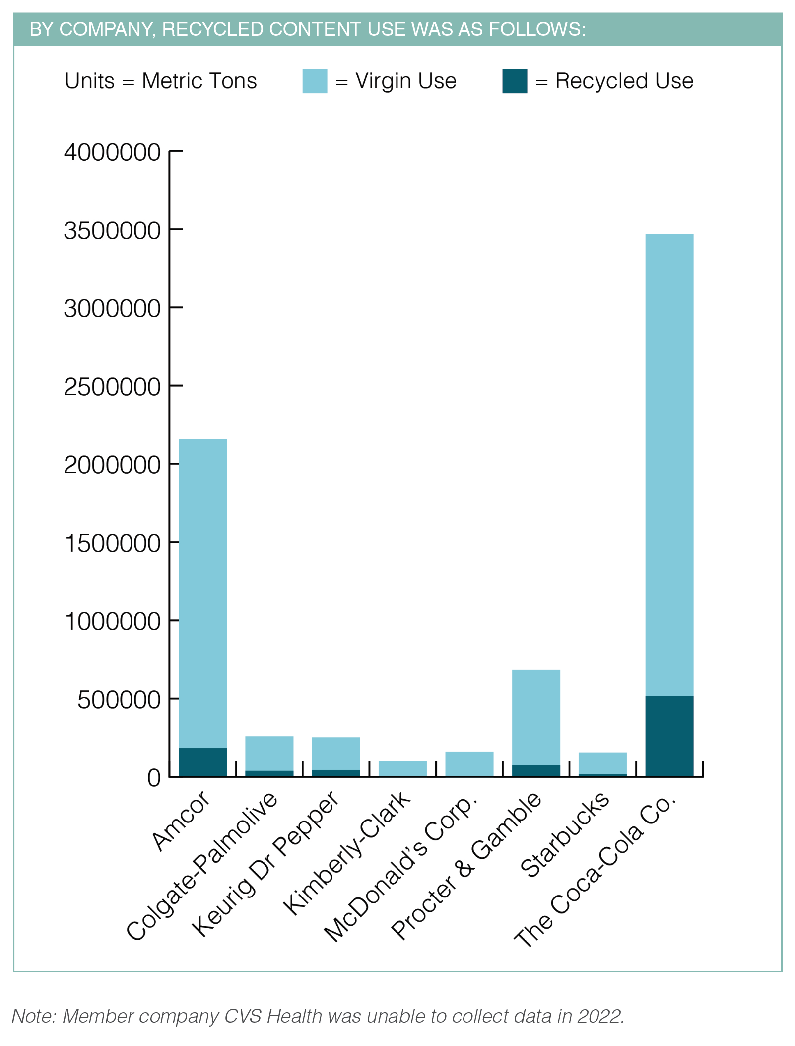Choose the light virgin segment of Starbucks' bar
point(602,763)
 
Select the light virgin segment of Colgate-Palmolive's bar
point(269,752)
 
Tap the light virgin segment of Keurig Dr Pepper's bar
point(336,753)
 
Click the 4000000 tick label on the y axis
point(112,152)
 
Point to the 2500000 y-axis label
point(112,387)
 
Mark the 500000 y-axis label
point(119,700)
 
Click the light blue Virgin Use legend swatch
point(315,81)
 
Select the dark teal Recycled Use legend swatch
point(514,81)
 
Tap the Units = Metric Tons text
point(161,81)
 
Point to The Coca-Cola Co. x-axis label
point(596,871)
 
